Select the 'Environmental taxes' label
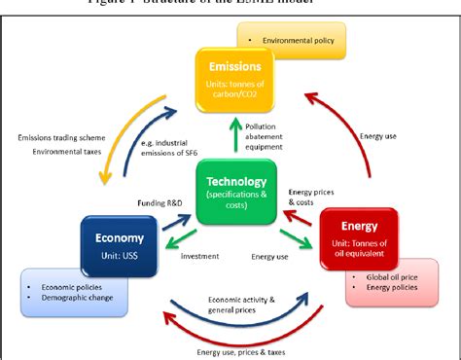pyautogui.click(x=60, y=152)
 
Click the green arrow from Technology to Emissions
pyautogui.click(x=232, y=136)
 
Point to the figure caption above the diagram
pyautogui.click(x=230, y=5)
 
